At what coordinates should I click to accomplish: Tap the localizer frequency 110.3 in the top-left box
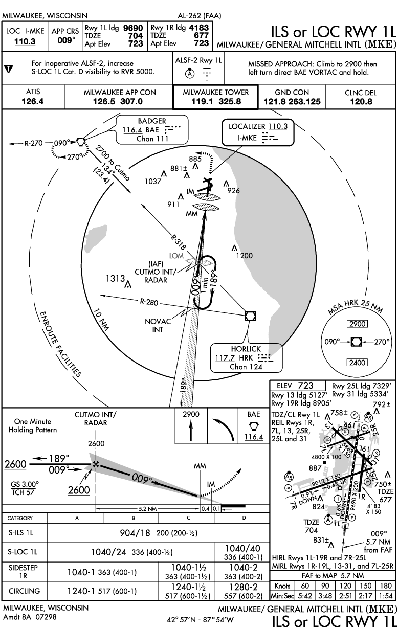(x=25, y=41)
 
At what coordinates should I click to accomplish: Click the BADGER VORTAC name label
(x=152, y=121)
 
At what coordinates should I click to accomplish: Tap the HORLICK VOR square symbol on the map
(x=250, y=316)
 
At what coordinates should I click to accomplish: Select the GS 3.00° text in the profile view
(x=25, y=483)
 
